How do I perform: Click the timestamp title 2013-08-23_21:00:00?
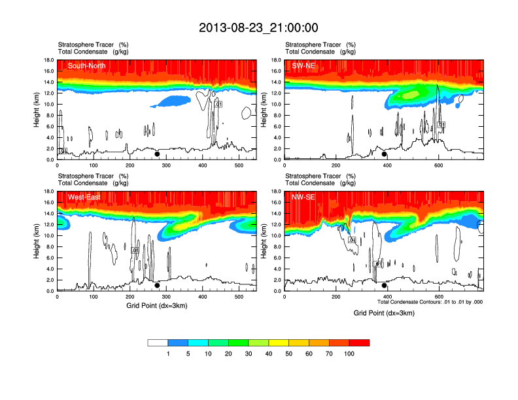[258, 27]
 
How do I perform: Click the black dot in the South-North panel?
[157, 155]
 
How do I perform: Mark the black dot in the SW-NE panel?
[385, 155]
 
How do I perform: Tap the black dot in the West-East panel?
[157, 286]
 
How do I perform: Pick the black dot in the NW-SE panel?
[385, 286]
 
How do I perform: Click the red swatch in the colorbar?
[359, 342]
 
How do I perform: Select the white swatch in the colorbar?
[158, 342]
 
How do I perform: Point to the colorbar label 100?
[349, 354]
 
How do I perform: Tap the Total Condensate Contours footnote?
[430, 301]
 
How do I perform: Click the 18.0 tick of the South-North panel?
[48, 60]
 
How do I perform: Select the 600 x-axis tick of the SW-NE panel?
[438, 165]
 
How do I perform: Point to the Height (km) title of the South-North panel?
[37, 110]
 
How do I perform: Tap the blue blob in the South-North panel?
[171, 101]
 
